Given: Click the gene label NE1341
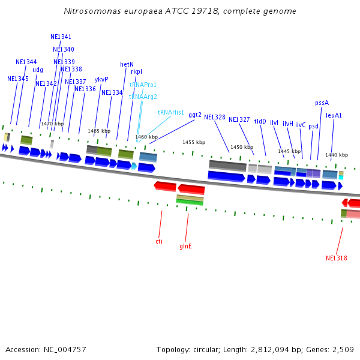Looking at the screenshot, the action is coord(61,37).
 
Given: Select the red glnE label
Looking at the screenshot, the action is coord(186,246).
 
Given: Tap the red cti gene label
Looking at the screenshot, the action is coord(159,241).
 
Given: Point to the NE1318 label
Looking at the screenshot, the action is coord(337,258).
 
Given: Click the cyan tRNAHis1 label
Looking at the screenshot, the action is coord(171,112).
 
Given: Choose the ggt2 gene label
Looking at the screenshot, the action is coord(195,115).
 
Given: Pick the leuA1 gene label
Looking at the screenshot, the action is coord(334,115).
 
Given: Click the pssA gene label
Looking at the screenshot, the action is coord(322,103).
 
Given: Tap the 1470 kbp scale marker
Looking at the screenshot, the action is coord(52,124).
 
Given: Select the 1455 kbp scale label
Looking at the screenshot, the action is coord(194,142).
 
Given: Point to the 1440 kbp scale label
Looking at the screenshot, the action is coord(337,155).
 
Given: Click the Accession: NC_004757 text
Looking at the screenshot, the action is coord(46,349).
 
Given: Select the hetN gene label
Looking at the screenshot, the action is coord(127,64).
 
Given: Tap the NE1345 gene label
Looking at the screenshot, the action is coord(18,79).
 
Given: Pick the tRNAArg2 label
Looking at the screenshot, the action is coord(143,97).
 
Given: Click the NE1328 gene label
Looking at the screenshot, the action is coord(215,117).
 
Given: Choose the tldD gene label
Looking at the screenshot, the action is coord(260,121).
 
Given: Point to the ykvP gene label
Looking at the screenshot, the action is coord(101,79).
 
